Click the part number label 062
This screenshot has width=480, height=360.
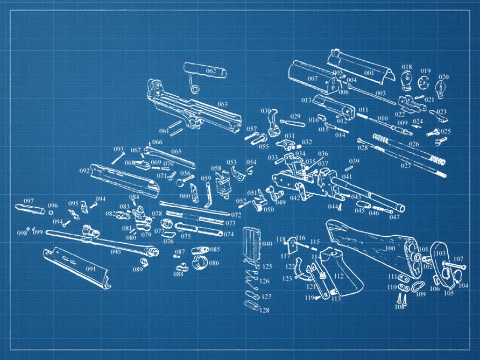pyautogui.click(x=211, y=71)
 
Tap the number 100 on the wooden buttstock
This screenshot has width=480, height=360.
pyautogui.click(x=390, y=249)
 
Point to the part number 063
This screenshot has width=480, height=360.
pyautogui.click(x=222, y=104)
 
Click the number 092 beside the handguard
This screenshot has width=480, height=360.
pyautogui.click(x=84, y=171)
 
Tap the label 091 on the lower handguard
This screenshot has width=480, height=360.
pyautogui.click(x=90, y=269)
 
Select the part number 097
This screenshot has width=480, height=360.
pyautogui.click(x=29, y=201)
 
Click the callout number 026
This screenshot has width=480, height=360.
pyautogui.click(x=414, y=144)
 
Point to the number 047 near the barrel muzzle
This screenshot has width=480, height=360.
pyautogui.click(x=395, y=217)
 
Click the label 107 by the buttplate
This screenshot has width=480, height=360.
pyautogui.click(x=458, y=259)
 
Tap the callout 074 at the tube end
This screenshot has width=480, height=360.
pyautogui.click(x=229, y=234)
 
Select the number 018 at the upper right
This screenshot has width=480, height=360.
pyautogui.click(x=406, y=67)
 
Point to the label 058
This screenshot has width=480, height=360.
pyautogui.click(x=216, y=168)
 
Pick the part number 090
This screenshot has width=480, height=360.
pyautogui.click(x=116, y=251)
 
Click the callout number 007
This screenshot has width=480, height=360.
pyautogui.click(x=313, y=79)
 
